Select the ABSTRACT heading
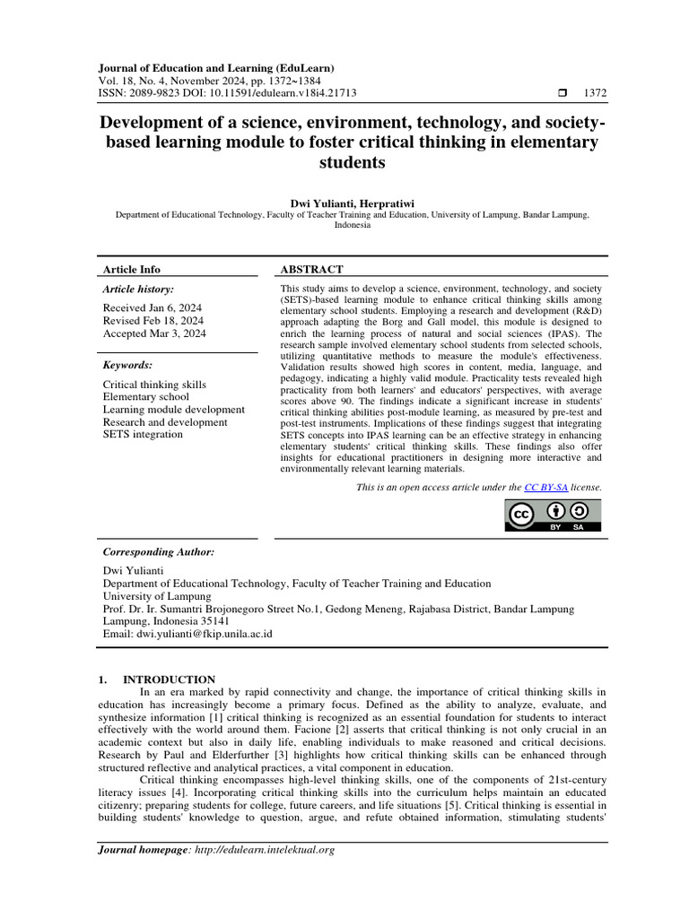tap(312, 269)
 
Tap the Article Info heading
tap(132, 269)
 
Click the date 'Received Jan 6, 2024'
tap(153, 307)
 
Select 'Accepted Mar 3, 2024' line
tap(154, 333)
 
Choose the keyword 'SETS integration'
tap(143, 435)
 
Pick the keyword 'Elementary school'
tap(146, 396)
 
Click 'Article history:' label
tap(138, 289)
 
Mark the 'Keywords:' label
tap(128, 365)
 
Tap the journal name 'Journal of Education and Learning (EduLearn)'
tap(215, 67)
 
